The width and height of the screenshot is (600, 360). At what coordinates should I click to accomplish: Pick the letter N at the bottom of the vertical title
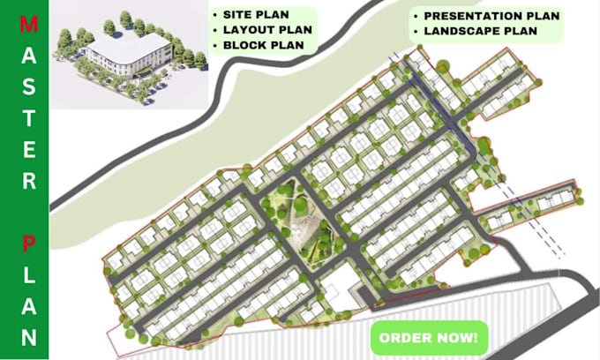(x=29, y=336)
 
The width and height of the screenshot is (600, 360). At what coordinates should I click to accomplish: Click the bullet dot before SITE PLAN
(x=215, y=16)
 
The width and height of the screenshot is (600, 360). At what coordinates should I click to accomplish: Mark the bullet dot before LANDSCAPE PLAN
(x=416, y=32)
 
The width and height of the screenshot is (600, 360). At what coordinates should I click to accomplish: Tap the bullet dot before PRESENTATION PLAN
(x=416, y=16)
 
